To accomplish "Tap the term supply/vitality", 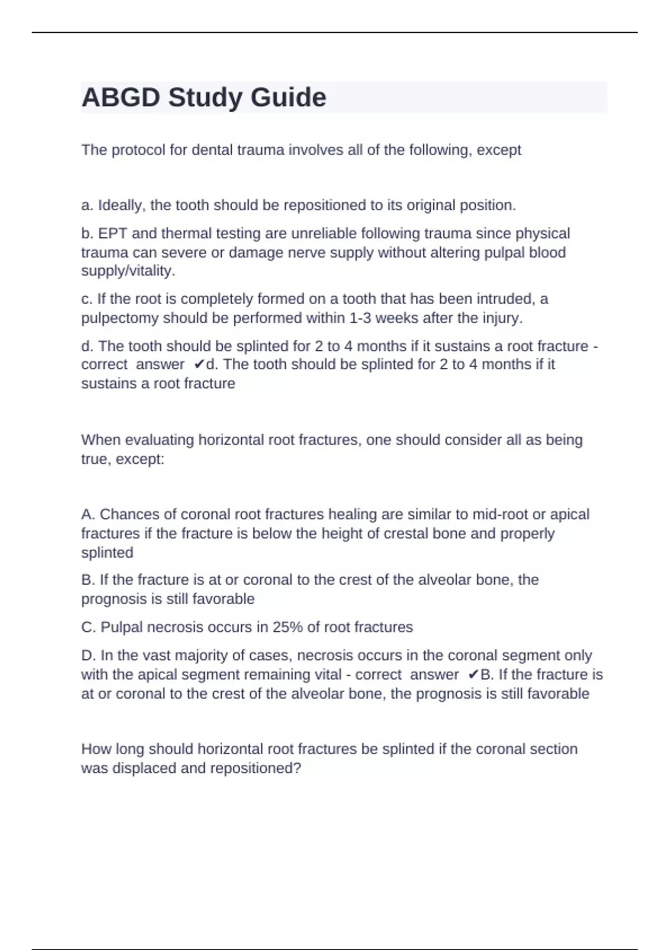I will (128, 271).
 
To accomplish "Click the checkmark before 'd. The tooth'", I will (199, 365).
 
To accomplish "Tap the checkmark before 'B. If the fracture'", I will (473, 675).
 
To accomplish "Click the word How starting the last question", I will (93, 749).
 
